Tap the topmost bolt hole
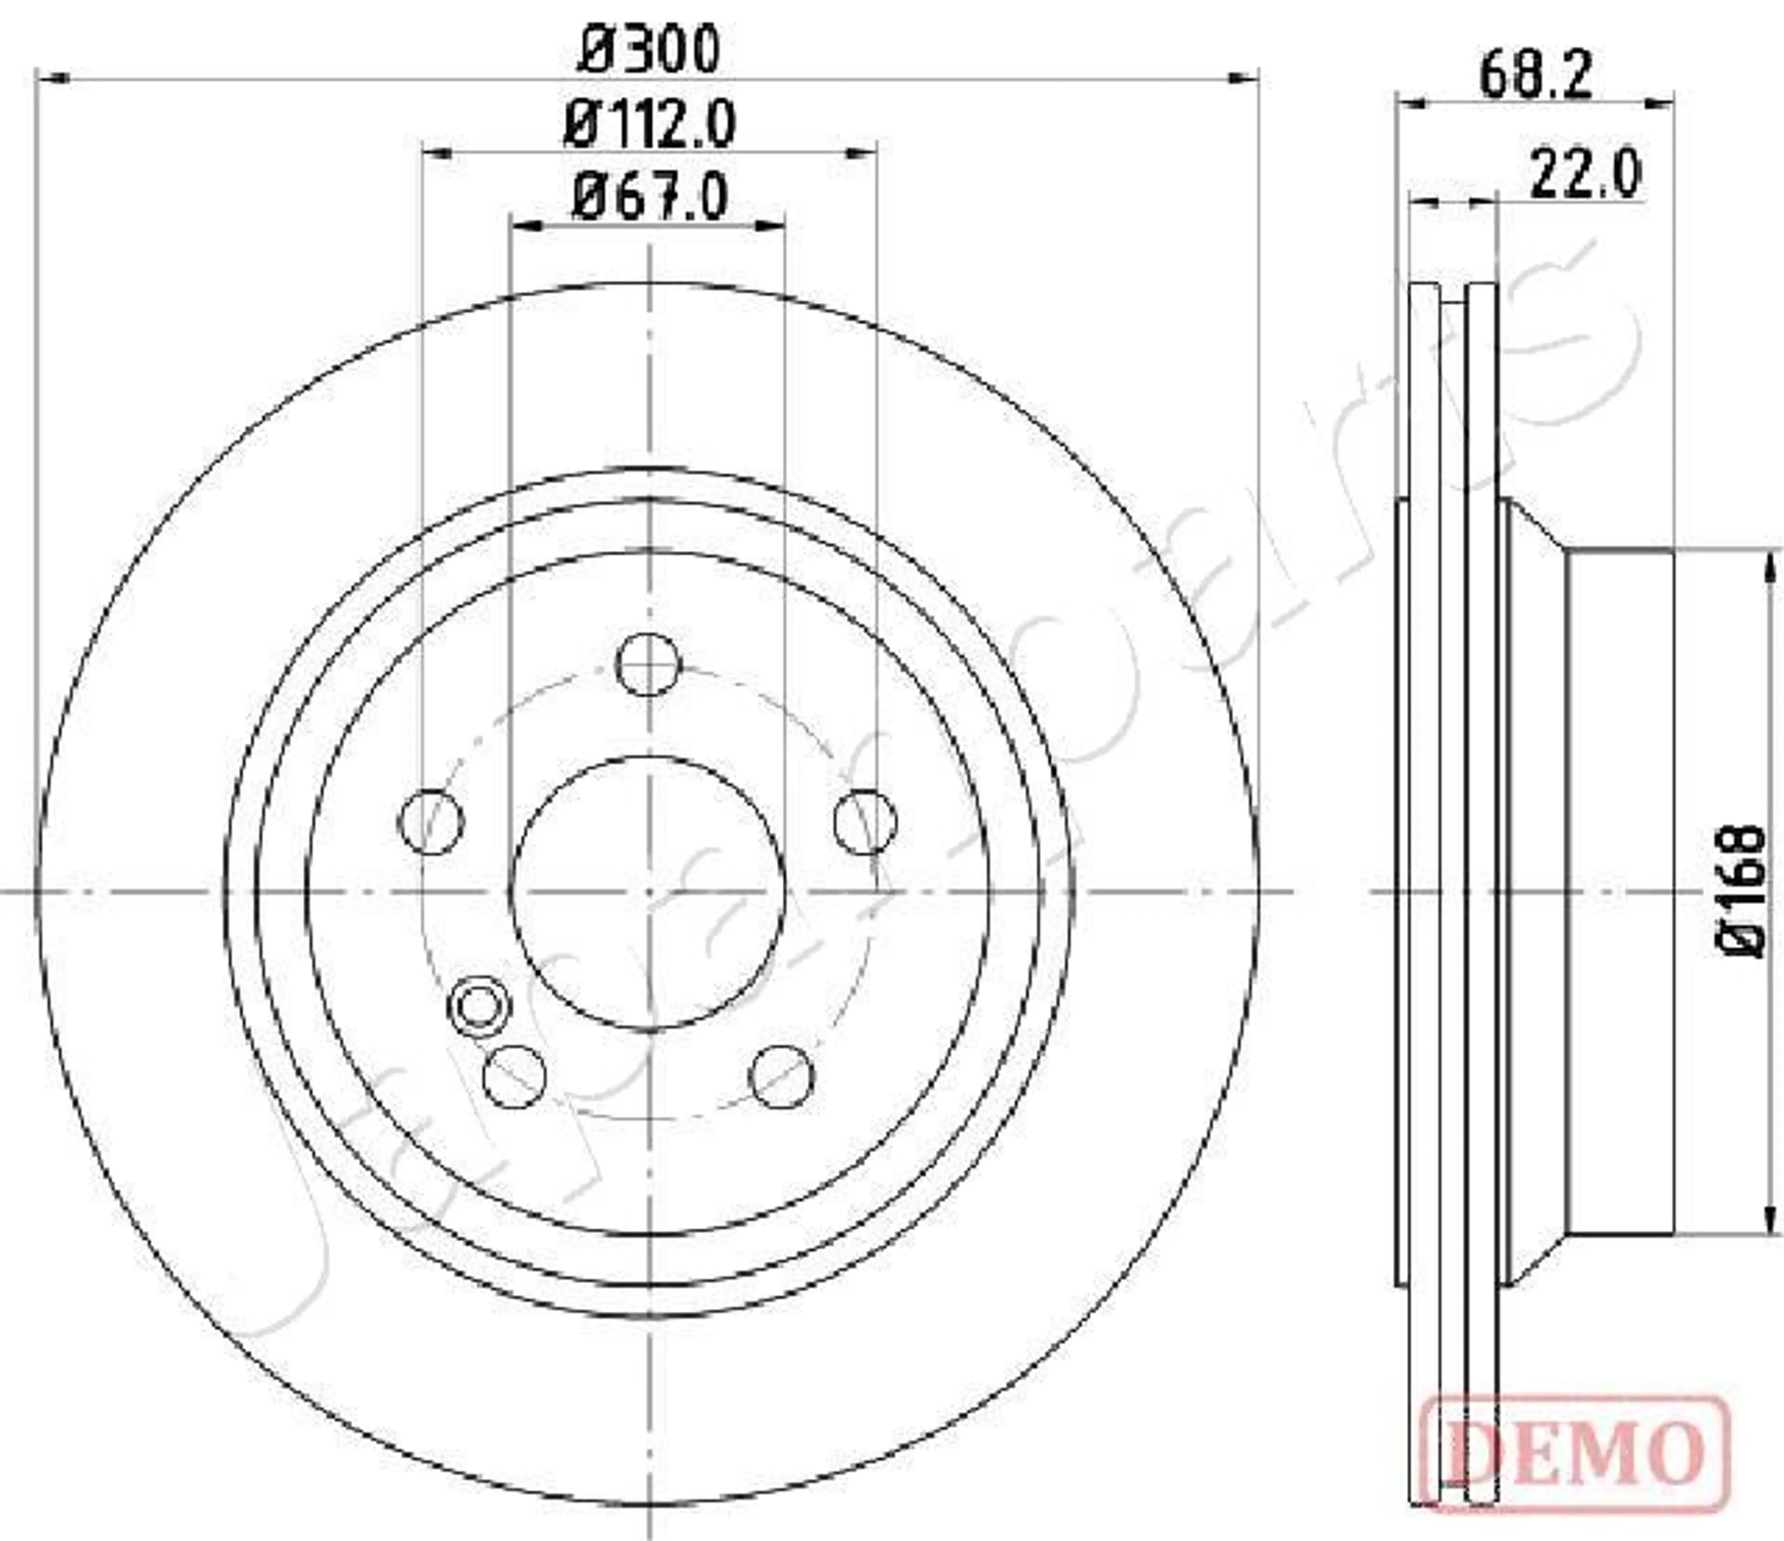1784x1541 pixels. pyautogui.click(x=649, y=664)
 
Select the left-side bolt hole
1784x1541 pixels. pyautogui.click(x=431, y=821)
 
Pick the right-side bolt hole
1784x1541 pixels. pyautogui.click(x=866, y=821)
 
